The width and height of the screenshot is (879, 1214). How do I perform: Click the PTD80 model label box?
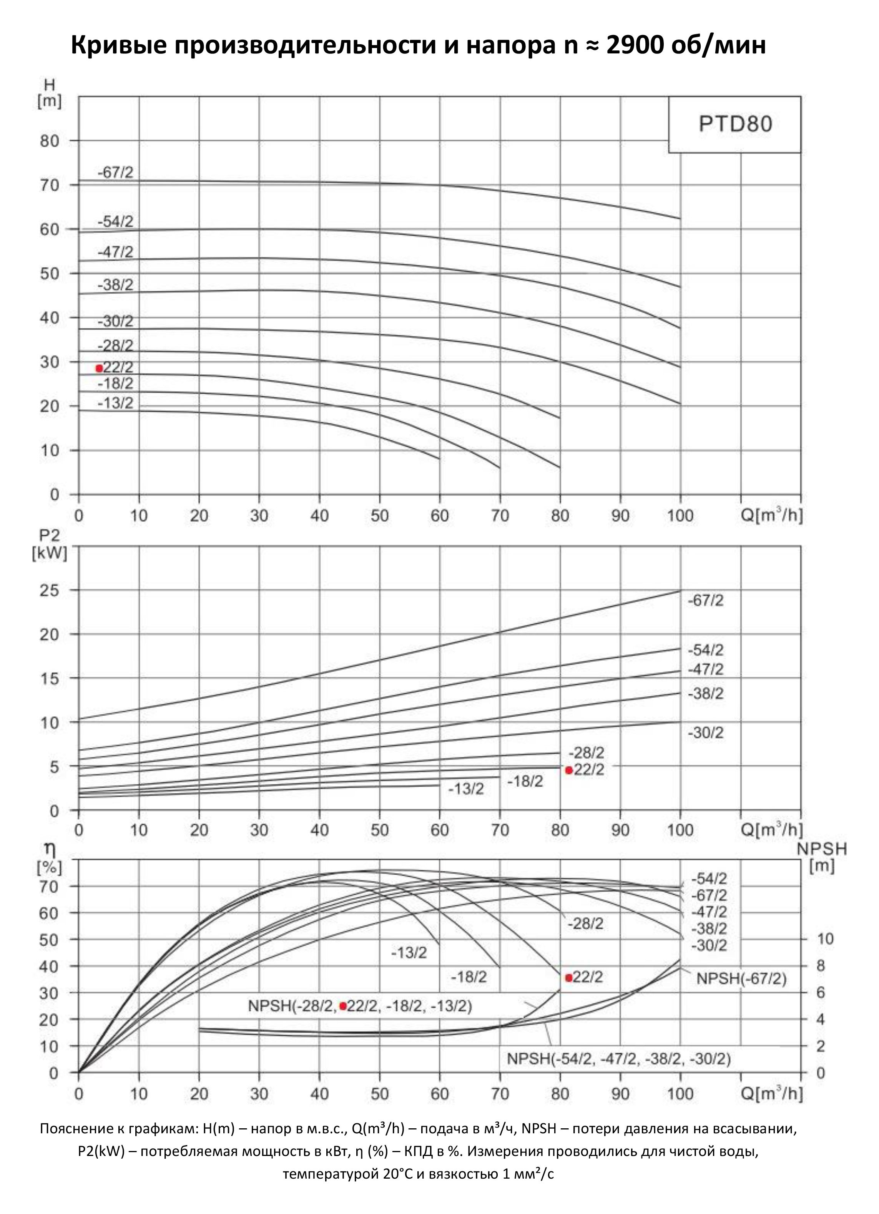tap(735, 125)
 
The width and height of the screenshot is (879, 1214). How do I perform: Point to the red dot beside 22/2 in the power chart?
tap(569, 770)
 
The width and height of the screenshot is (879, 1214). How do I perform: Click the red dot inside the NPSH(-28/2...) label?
tap(343, 1006)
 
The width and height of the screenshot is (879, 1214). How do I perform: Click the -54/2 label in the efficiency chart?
tap(709, 878)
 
